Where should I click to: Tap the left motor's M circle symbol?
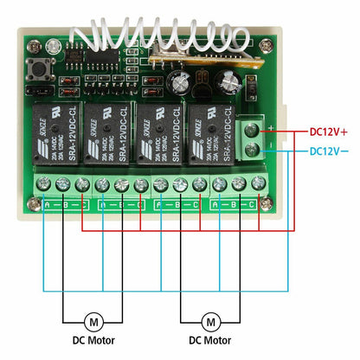point(95,322)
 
